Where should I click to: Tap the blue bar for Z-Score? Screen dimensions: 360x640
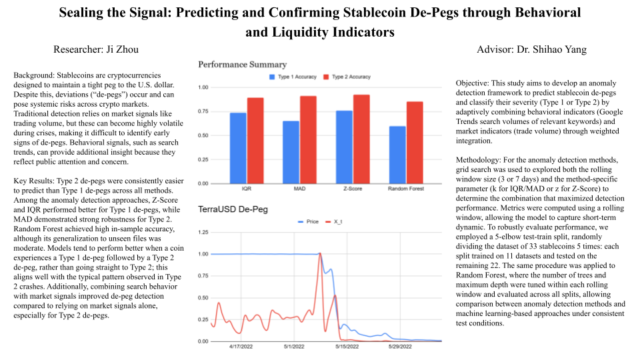tap(345, 147)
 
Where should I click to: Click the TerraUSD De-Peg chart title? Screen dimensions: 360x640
tap(233, 209)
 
